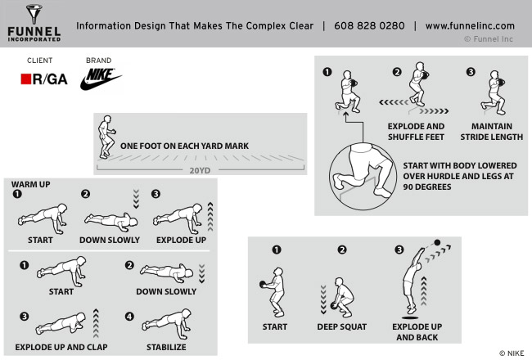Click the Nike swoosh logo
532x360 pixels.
101,79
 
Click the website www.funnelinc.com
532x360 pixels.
470,25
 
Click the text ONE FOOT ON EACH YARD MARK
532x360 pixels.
184,146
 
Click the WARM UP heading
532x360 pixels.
30,185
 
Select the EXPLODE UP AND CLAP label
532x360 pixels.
61,347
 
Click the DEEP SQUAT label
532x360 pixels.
342,326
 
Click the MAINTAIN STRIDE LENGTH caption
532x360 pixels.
491,132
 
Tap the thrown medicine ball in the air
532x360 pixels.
437,243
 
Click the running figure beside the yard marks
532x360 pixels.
106,137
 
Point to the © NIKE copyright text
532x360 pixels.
511,353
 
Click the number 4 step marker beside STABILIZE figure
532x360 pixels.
128,317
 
